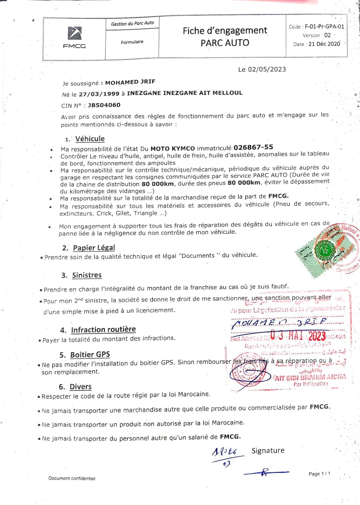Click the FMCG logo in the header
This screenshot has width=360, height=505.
[74, 38]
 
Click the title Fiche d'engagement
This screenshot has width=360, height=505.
[225, 31]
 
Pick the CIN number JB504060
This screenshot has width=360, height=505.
[104, 105]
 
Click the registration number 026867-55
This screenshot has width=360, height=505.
[254, 147]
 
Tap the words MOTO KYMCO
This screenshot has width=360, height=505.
[170, 148]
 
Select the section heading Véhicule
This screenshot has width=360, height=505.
[90, 139]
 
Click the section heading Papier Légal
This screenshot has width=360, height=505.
[94, 248]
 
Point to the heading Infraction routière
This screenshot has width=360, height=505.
[103, 329]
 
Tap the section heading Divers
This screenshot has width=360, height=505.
[80, 386]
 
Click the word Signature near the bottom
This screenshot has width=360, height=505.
[267, 450]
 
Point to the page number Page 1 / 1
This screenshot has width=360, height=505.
[320, 474]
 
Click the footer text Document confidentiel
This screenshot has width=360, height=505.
[72, 478]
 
